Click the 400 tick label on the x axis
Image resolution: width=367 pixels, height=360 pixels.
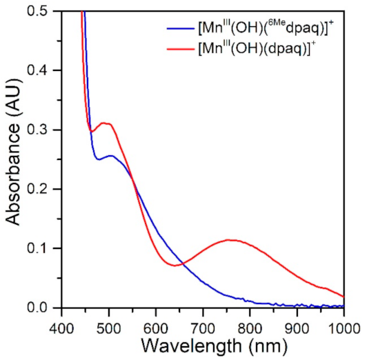pyautogui.click(x=61, y=321)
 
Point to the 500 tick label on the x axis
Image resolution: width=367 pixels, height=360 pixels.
pyautogui.click(x=109, y=321)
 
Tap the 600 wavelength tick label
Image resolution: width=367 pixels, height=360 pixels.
pyautogui.click(x=156, y=321)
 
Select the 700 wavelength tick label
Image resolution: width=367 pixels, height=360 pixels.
pyautogui.click(x=203, y=321)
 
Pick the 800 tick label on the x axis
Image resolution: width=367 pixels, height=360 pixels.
pyautogui.click(x=250, y=321)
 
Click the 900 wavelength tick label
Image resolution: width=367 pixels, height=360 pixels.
pyautogui.click(x=297, y=321)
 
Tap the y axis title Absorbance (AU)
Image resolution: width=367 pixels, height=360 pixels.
pyautogui.click(x=14, y=160)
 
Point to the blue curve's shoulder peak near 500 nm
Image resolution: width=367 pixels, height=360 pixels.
pyautogui.click(x=110, y=156)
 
